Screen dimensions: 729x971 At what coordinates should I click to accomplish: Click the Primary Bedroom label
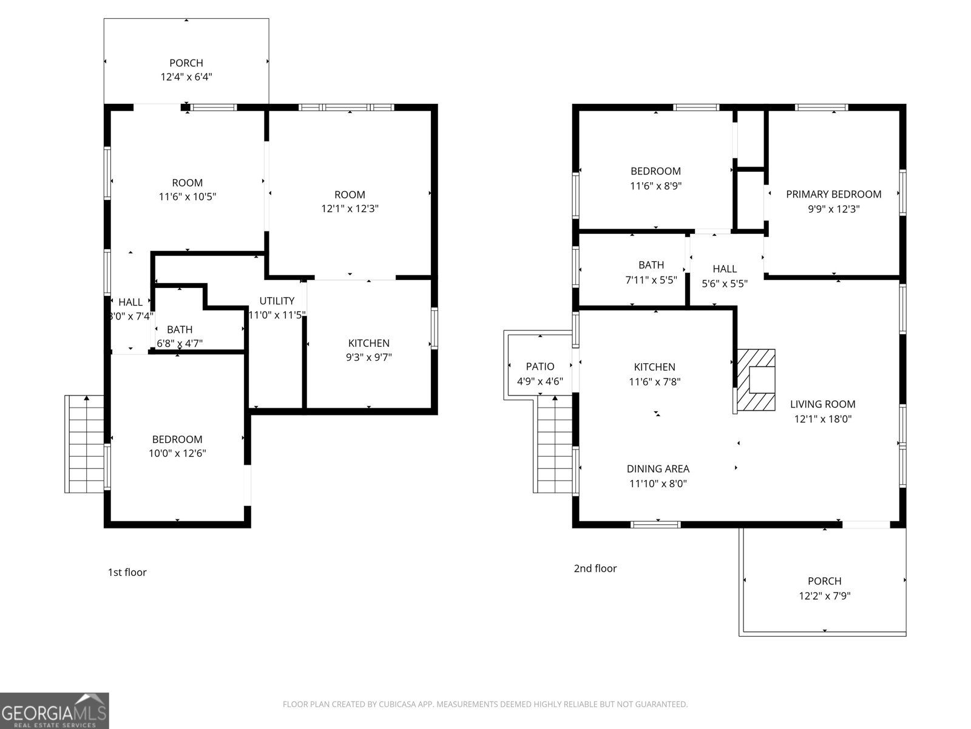(833, 194)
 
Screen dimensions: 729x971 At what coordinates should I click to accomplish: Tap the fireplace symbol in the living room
(756, 380)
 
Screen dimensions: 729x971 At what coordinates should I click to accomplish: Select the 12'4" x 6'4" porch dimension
(186, 77)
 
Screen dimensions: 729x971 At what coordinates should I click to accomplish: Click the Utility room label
(277, 301)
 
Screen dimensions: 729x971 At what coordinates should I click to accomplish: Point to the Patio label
(540, 366)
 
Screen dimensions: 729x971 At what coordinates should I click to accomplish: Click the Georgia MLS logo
(54, 711)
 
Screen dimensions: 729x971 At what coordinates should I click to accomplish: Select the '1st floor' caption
(127, 572)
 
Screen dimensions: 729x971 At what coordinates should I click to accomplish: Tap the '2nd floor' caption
(595, 569)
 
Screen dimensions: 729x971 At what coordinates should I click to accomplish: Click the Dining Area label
(658, 469)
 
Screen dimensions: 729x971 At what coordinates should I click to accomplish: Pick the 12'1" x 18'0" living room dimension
(823, 419)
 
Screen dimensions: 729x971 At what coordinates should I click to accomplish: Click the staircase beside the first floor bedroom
(84, 444)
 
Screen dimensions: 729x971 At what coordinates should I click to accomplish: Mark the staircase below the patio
(553, 447)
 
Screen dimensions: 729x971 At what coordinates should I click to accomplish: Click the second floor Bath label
(651, 265)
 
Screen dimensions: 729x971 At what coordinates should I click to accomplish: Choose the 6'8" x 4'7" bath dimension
(180, 343)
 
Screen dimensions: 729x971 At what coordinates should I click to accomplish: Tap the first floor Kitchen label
(368, 343)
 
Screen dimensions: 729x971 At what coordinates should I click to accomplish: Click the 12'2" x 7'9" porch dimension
(824, 596)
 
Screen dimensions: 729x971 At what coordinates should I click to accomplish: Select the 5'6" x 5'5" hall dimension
(725, 283)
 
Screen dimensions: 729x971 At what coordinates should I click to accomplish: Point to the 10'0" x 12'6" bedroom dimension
(177, 453)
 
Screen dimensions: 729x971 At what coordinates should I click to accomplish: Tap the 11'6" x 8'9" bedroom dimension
(655, 186)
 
